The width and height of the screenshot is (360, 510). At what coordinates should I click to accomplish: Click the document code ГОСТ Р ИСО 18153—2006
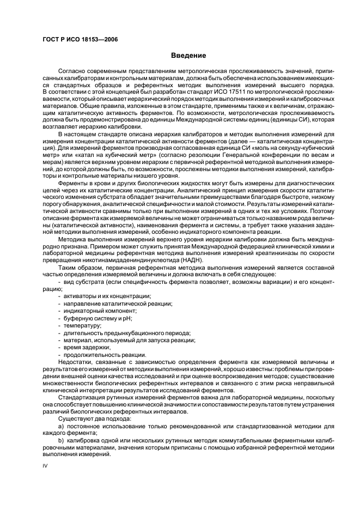80,40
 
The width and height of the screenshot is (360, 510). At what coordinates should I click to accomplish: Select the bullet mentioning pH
99,318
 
